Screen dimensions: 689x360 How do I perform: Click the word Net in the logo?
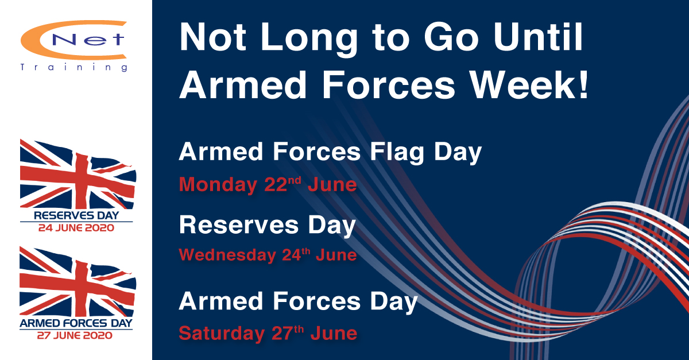point(88,40)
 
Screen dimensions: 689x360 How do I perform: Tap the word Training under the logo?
point(74,67)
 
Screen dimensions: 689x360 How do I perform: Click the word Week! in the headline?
point(529,85)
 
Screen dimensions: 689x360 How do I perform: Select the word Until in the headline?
point(538,37)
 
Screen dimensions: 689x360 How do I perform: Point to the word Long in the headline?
point(309,40)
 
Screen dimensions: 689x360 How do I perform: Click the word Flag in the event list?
point(397,153)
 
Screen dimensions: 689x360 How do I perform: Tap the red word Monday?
point(218,185)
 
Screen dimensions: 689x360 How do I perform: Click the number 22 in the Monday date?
point(276,185)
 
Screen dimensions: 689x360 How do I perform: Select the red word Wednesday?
point(227,255)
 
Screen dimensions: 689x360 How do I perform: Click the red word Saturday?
point(222,334)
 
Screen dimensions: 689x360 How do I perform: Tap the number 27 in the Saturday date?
point(282,333)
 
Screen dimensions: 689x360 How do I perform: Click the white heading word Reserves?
point(239,225)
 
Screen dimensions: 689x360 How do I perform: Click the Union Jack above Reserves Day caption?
point(78,174)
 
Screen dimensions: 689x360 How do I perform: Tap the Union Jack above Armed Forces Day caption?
point(78,281)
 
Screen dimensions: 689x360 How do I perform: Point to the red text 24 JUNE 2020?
point(76,228)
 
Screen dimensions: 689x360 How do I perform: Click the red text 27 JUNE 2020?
point(75,335)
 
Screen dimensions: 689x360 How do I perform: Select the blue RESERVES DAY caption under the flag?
point(76,215)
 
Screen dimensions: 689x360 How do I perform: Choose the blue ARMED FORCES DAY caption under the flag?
point(76,323)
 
